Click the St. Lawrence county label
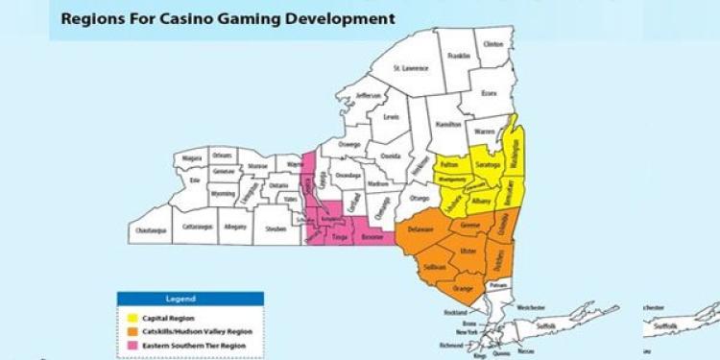[415, 67]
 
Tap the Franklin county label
[459, 57]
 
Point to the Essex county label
[490, 93]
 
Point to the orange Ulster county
[468, 251]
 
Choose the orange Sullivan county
[435, 268]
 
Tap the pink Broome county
[372, 235]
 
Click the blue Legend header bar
[189, 299]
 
